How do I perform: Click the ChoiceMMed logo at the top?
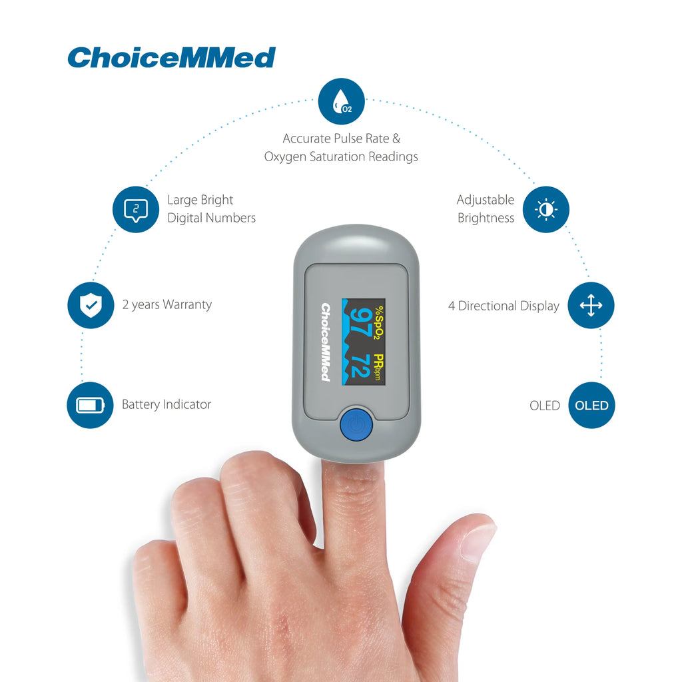point(171,58)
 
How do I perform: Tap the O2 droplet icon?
point(342,101)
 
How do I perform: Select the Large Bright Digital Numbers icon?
point(136,210)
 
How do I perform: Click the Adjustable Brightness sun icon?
point(546,210)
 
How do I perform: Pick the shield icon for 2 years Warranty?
point(91,305)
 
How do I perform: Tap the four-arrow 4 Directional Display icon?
point(591,305)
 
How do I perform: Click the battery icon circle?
point(90,406)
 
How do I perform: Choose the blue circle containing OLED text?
point(591,406)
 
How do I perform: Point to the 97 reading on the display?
point(360,322)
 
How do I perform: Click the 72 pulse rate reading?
point(360,366)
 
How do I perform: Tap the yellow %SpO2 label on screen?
point(378,322)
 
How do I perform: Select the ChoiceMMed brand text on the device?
point(325,342)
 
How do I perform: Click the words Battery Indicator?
point(166,404)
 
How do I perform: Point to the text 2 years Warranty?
point(167,304)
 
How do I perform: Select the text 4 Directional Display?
point(504,306)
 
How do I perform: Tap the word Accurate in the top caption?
point(306,139)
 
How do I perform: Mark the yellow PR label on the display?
point(379,362)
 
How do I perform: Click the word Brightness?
point(486,218)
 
